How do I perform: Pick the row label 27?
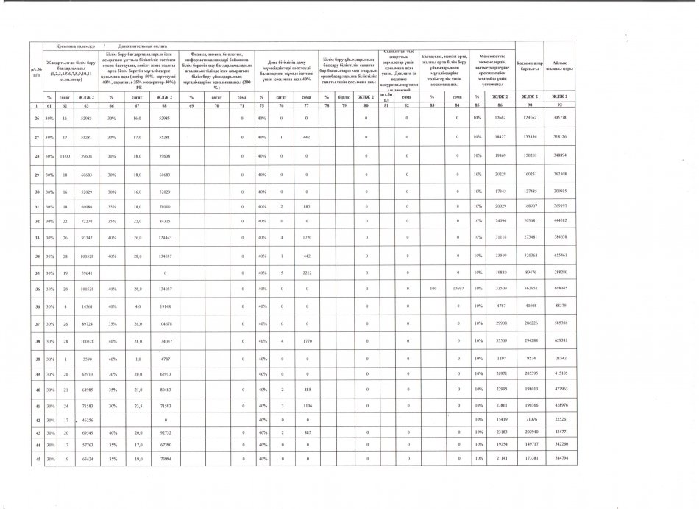(x=36, y=137)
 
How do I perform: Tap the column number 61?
(x=49, y=107)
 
